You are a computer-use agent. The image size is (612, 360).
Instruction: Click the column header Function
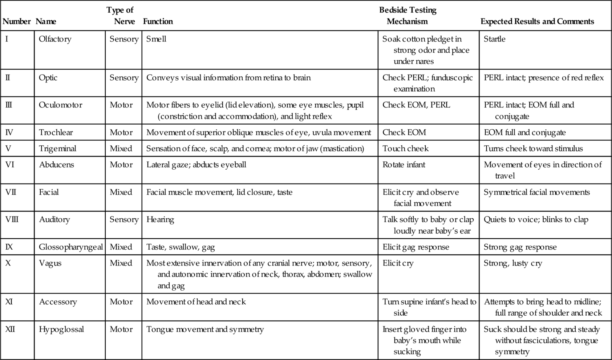click(x=158, y=21)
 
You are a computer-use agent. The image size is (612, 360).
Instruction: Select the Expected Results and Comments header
click(x=537, y=21)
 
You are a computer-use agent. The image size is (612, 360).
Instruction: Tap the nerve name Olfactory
click(x=55, y=39)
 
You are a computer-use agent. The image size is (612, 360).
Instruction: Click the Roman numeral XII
click(x=10, y=329)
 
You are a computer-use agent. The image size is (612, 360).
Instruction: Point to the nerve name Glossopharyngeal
click(x=71, y=247)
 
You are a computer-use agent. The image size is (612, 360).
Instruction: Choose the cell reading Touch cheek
click(x=405, y=149)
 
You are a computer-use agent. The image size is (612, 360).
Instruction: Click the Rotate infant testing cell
click(x=404, y=165)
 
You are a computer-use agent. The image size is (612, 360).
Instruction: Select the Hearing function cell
click(x=160, y=219)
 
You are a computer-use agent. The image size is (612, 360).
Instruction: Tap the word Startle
click(x=494, y=39)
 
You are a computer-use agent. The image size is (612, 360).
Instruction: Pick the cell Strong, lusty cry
click(x=512, y=263)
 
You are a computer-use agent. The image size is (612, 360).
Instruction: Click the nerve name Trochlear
click(x=56, y=132)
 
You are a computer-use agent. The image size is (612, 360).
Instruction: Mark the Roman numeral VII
click(x=11, y=192)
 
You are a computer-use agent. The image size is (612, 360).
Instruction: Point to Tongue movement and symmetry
click(x=205, y=329)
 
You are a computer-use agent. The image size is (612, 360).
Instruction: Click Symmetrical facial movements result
click(x=536, y=192)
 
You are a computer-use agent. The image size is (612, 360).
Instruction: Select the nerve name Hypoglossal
click(x=61, y=329)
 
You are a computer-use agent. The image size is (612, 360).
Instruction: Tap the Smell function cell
click(x=156, y=39)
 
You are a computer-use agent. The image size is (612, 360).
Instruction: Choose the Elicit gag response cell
click(x=416, y=247)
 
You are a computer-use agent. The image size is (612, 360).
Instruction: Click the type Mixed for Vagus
click(x=121, y=263)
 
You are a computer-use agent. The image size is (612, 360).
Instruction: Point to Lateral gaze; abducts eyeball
click(x=196, y=165)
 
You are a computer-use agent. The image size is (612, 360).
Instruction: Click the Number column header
click(x=16, y=21)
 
